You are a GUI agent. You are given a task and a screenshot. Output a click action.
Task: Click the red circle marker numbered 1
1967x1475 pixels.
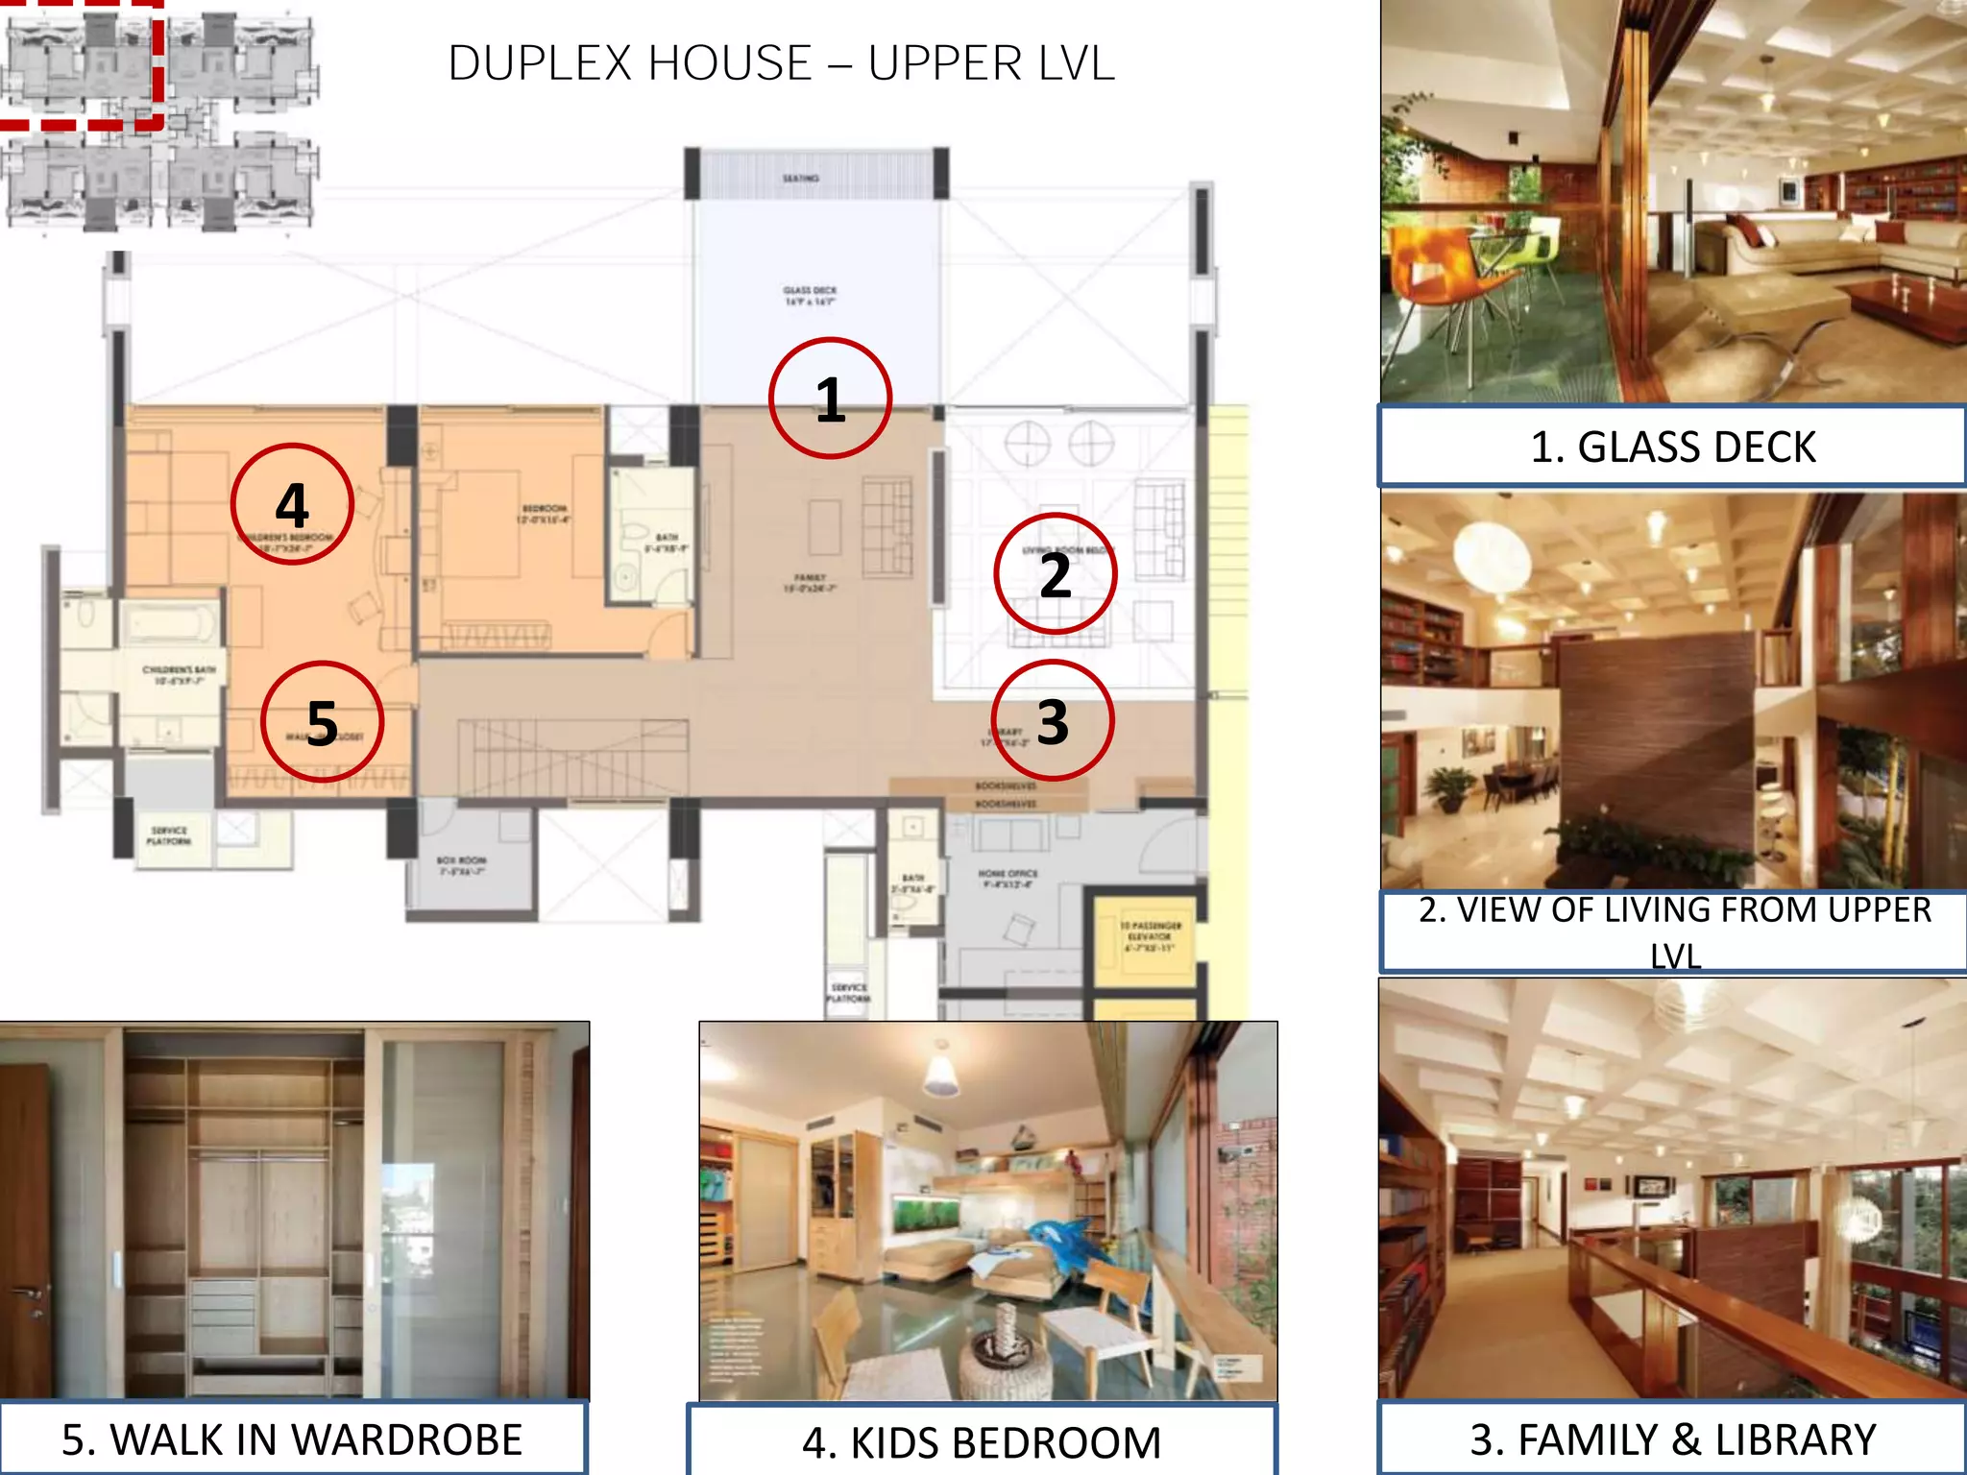[x=830, y=398]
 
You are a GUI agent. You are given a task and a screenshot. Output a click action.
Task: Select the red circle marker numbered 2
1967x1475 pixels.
[x=1055, y=574]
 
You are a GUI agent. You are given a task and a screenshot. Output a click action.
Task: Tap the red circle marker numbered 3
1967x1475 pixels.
[x=1053, y=720]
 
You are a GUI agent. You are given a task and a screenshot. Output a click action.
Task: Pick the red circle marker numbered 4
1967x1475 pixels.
[x=292, y=504]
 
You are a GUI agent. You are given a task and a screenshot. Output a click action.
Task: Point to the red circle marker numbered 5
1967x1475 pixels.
[x=322, y=721]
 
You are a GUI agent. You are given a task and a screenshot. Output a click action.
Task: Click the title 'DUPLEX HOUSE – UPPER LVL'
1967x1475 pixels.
[x=781, y=63]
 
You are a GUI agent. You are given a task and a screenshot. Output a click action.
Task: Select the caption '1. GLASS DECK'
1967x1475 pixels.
[x=1672, y=447]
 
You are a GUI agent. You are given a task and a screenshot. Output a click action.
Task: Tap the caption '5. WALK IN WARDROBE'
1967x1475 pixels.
[x=292, y=1439]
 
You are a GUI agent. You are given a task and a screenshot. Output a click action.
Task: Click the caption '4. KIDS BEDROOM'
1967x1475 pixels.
[x=982, y=1442]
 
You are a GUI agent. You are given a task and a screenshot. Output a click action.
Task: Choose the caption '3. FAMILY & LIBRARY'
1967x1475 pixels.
[x=1672, y=1439]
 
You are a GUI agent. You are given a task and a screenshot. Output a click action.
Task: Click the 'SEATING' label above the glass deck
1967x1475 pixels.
[x=800, y=179]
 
